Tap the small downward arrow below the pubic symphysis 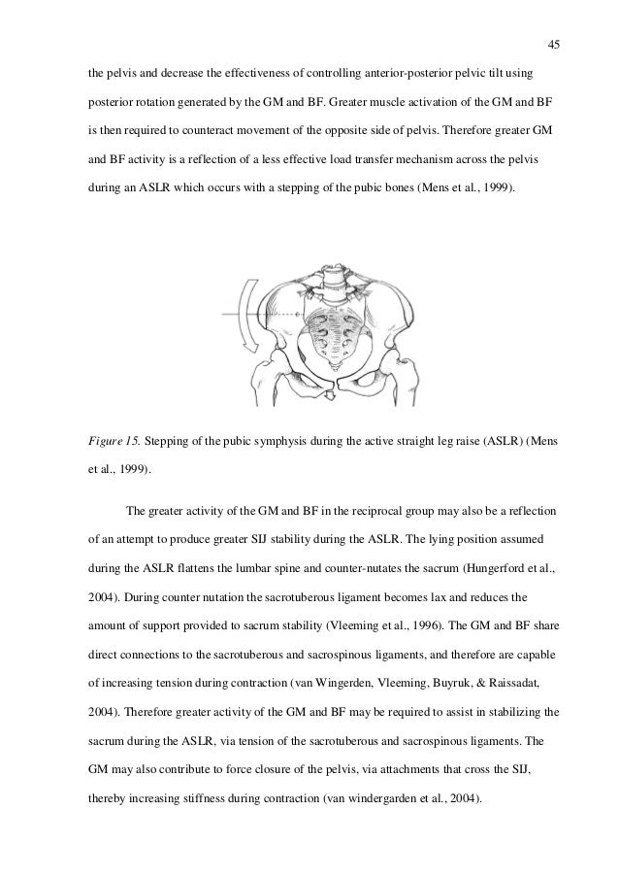(328, 396)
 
